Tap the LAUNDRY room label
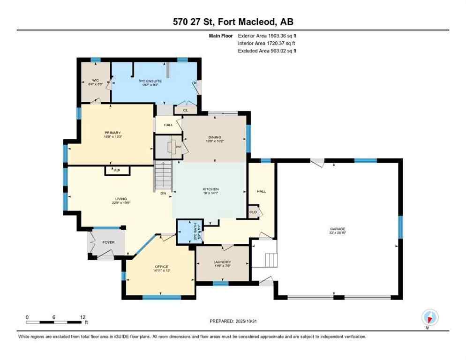coord(222,262)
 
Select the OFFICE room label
coord(161,266)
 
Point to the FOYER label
coord(108,242)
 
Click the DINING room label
coord(214,137)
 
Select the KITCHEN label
coord(210,189)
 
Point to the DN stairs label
coord(163,193)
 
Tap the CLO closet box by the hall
coord(253,212)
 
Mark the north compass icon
coord(429,317)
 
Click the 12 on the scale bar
coord(83,317)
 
